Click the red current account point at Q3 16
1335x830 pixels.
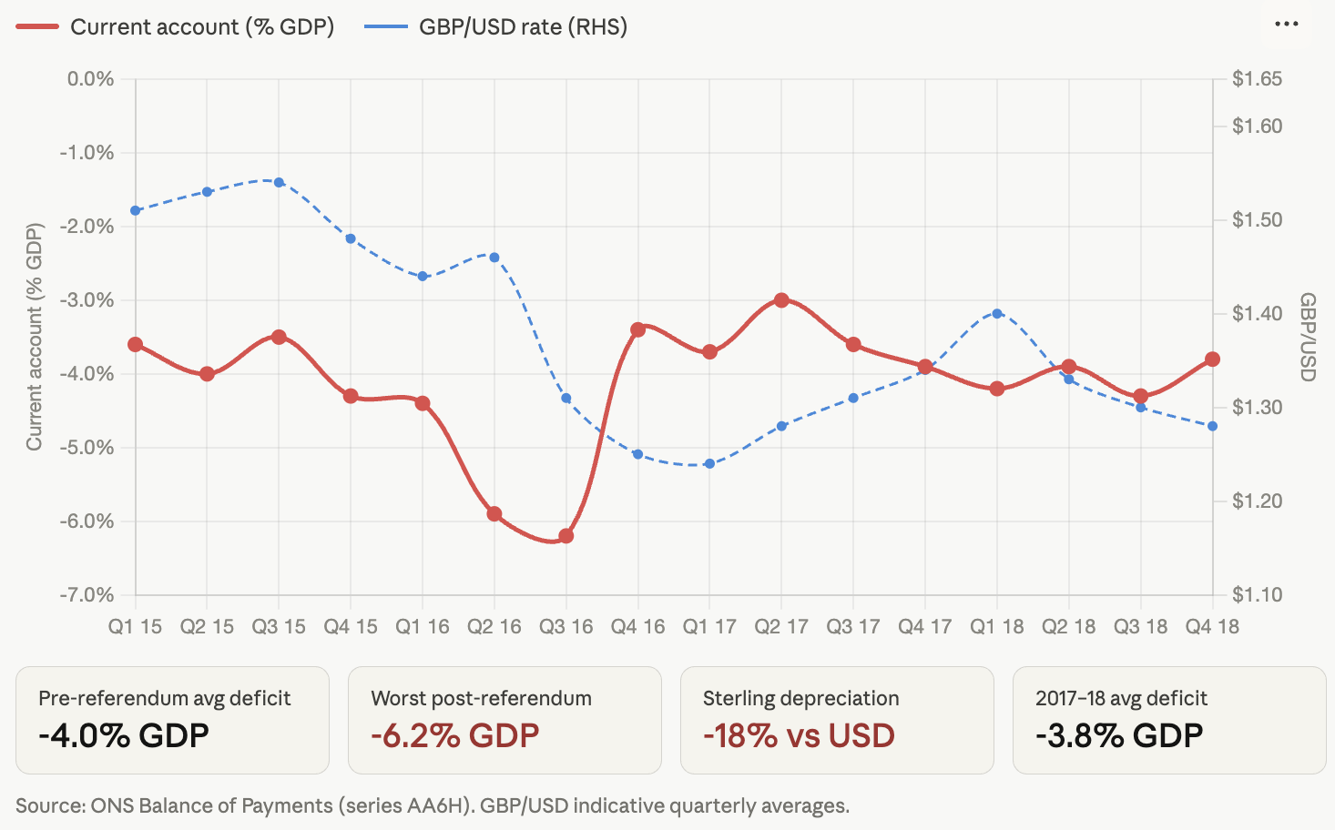click(566, 536)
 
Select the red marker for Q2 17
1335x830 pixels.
click(781, 300)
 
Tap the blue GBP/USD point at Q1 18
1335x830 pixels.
click(997, 313)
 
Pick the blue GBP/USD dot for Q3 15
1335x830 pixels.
click(280, 182)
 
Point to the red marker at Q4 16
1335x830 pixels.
click(638, 329)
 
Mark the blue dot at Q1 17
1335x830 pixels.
click(709, 464)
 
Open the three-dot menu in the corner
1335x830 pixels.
click(1286, 25)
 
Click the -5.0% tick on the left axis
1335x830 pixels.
click(87, 448)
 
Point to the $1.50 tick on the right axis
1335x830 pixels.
click(1257, 220)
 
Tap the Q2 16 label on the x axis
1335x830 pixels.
click(494, 627)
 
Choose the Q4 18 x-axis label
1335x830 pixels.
click(1212, 627)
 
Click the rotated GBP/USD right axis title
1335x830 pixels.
click(1308, 337)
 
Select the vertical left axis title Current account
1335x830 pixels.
click(35, 337)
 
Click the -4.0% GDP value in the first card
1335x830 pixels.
click(124, 735)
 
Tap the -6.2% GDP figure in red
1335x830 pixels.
click(455, 735)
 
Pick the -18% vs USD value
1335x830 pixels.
click(799, 735)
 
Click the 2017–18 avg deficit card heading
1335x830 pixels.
click(1121, 698)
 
